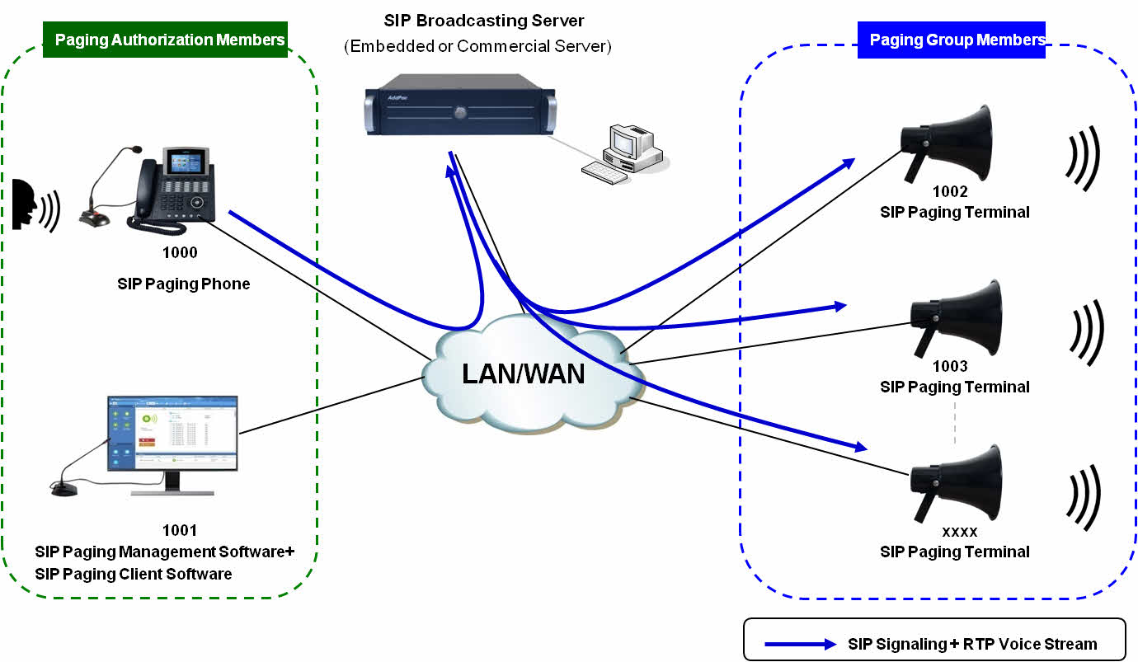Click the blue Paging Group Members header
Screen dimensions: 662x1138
[952, 40]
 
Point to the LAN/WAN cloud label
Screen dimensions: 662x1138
[523, 373]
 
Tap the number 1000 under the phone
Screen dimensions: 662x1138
[181, 252]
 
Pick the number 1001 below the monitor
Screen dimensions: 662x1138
[181, 530]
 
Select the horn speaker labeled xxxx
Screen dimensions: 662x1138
[957, 482]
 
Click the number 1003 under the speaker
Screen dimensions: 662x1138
[950, 366]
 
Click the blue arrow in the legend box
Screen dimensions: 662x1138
[800, 644]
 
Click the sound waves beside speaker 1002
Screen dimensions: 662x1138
[1083, 157]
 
